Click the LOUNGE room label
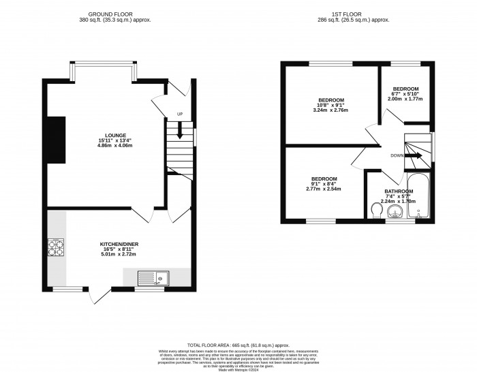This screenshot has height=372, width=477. pos(106,135)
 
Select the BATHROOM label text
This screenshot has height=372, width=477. pos(399,191)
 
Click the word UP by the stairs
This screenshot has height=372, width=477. pos(179,114)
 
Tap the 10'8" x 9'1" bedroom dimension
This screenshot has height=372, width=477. pos(329,105)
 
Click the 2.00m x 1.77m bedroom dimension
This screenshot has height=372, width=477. pos(405,99)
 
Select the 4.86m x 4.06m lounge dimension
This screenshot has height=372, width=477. pos(106,146)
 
